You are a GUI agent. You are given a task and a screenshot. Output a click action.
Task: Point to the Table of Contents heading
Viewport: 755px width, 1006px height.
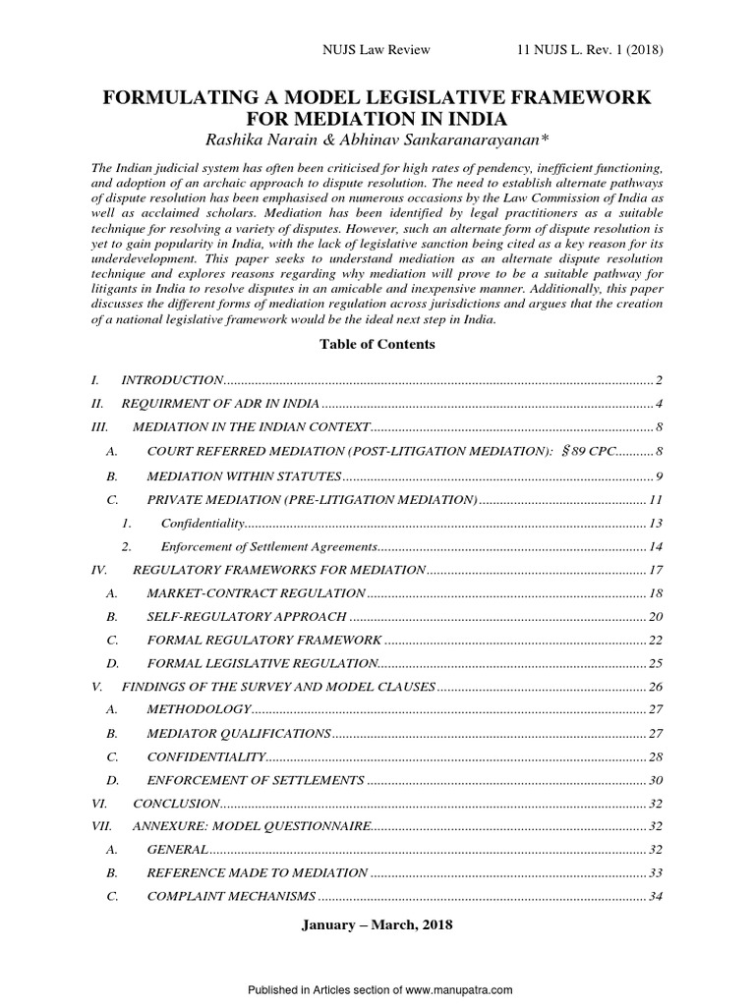377,345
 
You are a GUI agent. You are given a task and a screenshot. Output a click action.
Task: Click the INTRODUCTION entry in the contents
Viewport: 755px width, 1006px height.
172,379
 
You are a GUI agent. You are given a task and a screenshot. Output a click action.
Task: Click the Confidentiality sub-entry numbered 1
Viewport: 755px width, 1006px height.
202,523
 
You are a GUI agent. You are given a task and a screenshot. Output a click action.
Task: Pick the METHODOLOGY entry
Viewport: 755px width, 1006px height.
199,709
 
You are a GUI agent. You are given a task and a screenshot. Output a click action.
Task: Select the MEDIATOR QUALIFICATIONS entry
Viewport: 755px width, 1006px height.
238,733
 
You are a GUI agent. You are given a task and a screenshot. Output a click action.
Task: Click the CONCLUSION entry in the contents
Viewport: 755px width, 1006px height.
175,804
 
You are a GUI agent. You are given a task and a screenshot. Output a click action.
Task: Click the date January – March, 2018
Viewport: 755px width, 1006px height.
377,924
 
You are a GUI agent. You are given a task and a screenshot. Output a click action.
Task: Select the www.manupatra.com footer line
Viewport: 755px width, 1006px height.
377,991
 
